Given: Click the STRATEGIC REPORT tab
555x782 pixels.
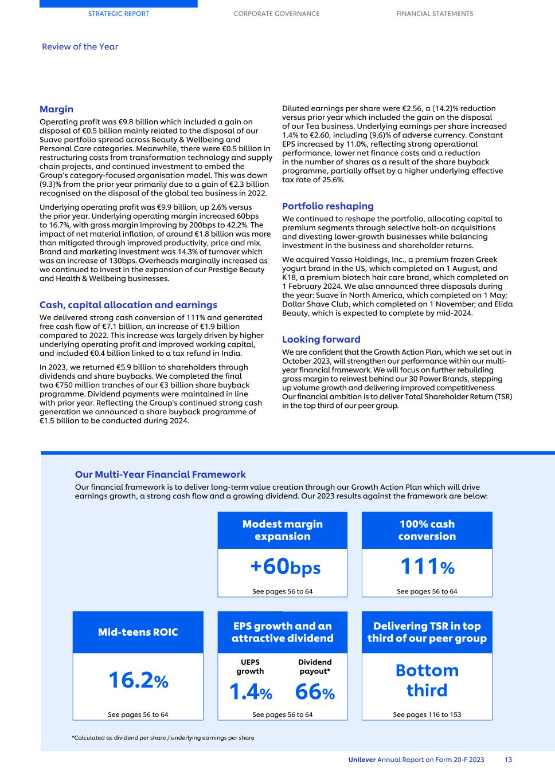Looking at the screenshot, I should tap(118, 14).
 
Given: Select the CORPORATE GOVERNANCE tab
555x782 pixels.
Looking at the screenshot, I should tap(276, 14).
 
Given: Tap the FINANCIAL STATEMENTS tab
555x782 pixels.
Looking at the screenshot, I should tap(435, 14).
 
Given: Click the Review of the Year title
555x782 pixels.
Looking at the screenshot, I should tap(80, 46).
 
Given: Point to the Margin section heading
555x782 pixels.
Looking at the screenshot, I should tap(56, 109).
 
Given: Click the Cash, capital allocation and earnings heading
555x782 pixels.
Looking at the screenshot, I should tap(128, 305).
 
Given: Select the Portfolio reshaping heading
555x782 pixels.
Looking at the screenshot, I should tap(327, 206).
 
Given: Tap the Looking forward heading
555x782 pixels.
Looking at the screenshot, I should tap(321, 339).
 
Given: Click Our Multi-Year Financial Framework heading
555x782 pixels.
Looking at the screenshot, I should tap(160, 474).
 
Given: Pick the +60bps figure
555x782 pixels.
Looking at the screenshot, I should tap(285, 567).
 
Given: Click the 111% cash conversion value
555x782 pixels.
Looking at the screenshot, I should tap(427, 567).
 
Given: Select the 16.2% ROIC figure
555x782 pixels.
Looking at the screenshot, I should tap(138, 681).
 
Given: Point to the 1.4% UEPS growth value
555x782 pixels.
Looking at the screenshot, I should tap(251, 692).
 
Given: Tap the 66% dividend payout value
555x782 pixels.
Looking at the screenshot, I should tap(315, 692).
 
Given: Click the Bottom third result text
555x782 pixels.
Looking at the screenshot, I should tap(427, 680).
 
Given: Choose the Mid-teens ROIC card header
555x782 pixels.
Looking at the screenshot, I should tap(138, 632).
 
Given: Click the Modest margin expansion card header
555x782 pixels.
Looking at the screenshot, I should tap(282, 530).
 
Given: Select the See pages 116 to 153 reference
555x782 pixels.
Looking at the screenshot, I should tap(427, 714).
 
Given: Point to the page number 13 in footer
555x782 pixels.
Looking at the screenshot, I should tap(508, 760).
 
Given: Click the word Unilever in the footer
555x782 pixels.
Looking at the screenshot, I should tap(362, 760).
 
